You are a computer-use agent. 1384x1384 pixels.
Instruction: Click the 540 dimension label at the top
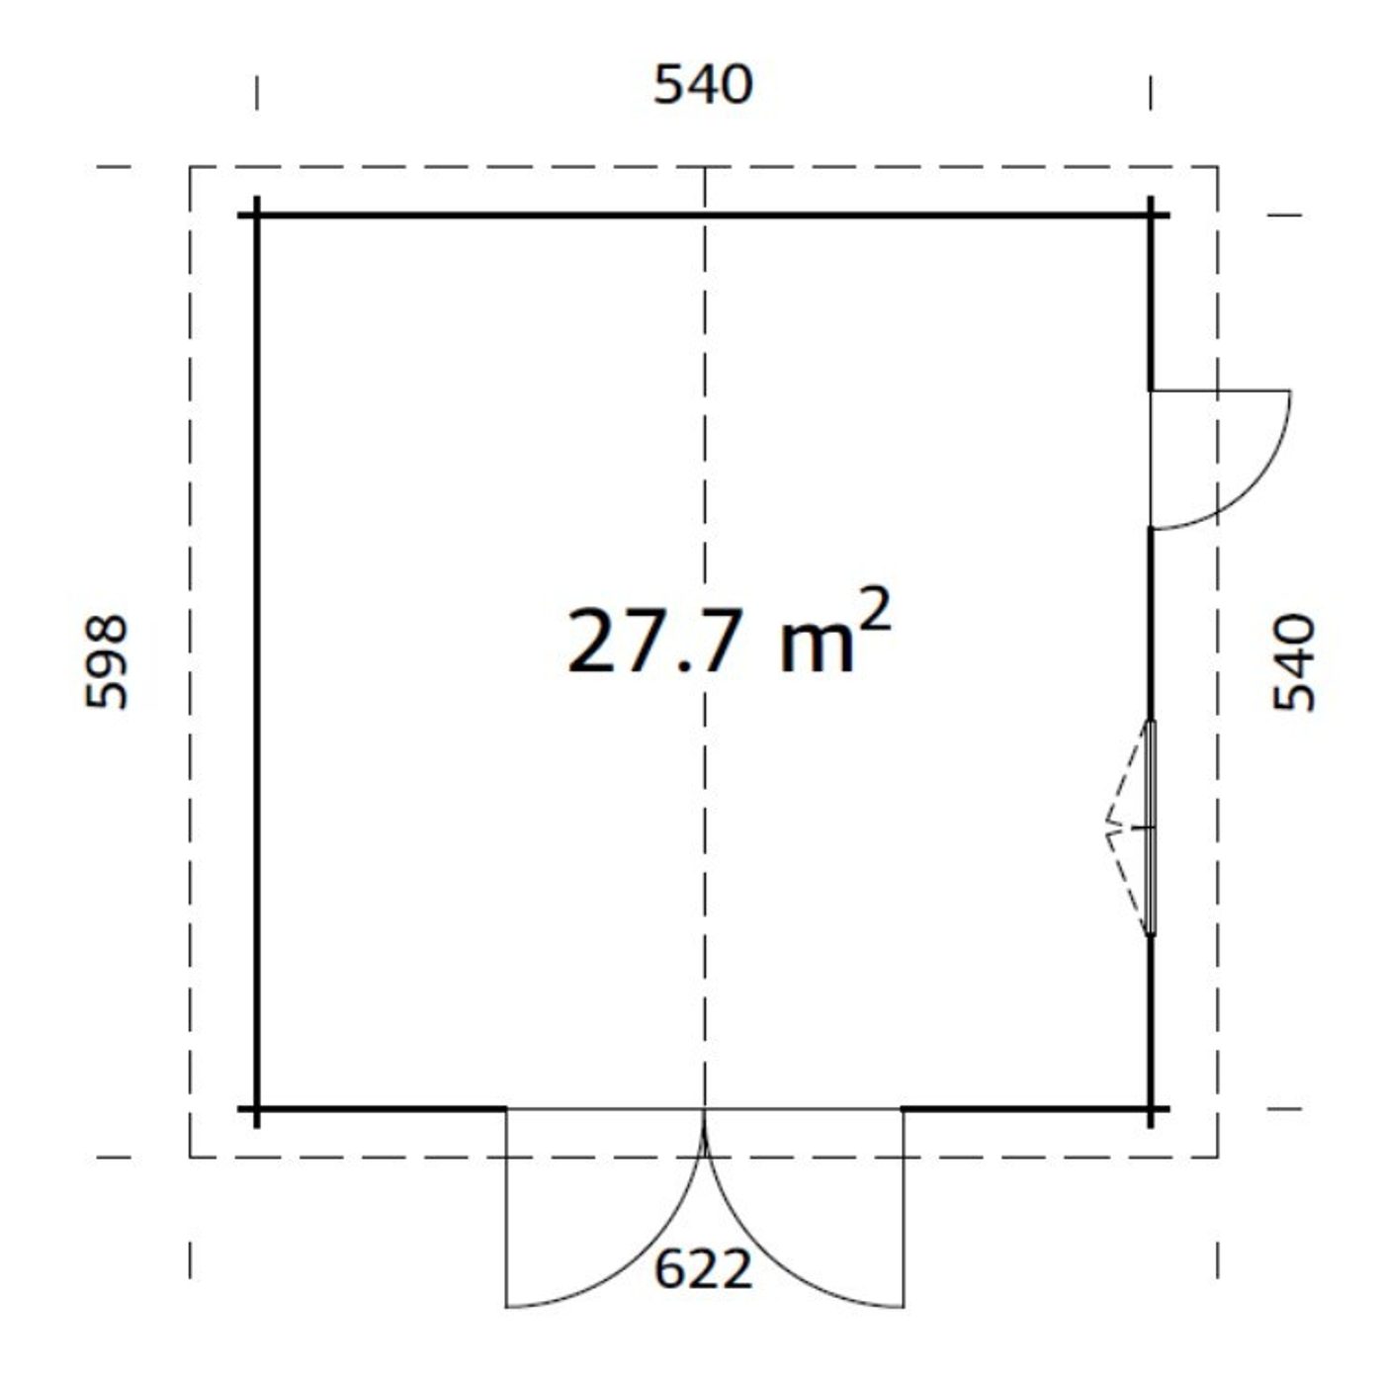[x=703, y=85]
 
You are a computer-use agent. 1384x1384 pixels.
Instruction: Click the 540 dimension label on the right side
[x=1294, y=662]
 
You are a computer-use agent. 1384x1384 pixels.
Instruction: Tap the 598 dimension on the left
[x=107, y=662]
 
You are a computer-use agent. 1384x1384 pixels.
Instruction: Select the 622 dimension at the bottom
[x=703, y=1269]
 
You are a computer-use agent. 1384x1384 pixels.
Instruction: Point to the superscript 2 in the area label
[x=876, y=610]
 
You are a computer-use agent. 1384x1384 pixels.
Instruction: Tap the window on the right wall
[x=1151, y=828]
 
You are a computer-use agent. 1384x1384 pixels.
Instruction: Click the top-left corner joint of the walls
[x=257, y=215]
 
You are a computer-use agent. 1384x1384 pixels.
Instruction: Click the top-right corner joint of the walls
[x=1151, y=215]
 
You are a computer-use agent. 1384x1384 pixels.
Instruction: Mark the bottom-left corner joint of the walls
[x=257, y=1108]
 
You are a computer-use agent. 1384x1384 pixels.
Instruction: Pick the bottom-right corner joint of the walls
[x=1151, y=1108]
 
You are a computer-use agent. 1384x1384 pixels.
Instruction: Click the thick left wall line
[x=257, y=662]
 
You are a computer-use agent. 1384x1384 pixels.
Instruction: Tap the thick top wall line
[x=494, y=215]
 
